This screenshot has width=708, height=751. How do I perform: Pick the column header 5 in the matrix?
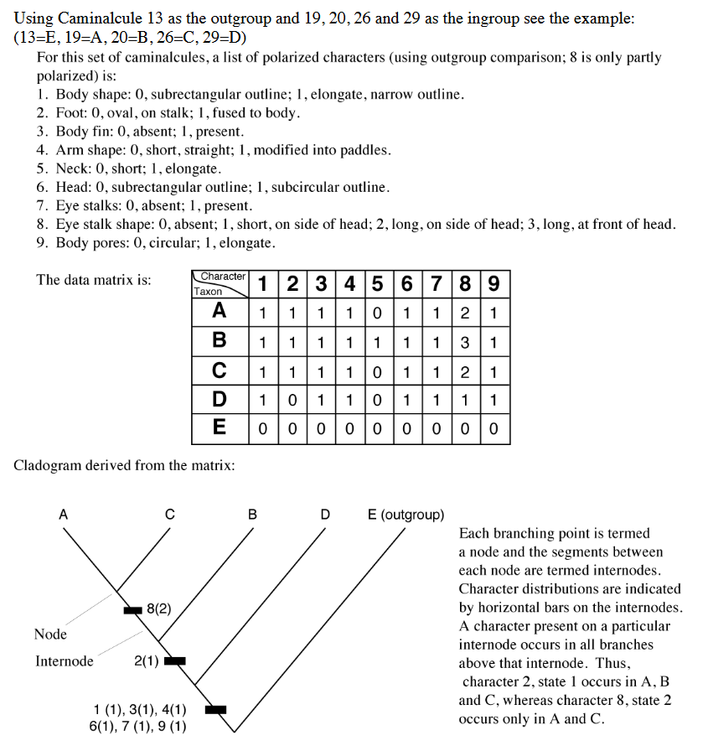(378, 284)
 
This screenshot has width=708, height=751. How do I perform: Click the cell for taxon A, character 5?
(378, 313)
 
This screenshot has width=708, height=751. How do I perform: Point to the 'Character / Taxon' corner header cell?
(220, 284)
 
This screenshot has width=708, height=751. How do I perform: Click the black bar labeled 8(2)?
(133, 609)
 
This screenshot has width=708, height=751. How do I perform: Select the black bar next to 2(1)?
(174, 660)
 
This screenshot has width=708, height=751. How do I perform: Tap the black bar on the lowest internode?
(216, 709)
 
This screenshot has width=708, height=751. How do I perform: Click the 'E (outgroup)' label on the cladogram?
(406, 515)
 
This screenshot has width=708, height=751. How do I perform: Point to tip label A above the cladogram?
(62, 515)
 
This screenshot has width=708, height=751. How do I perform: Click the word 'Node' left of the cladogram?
(50, 634)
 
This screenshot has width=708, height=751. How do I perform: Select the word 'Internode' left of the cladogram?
(64, 661)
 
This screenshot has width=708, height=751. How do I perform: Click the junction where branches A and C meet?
(116, 589)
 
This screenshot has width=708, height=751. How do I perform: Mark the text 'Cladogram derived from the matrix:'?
(124, 464)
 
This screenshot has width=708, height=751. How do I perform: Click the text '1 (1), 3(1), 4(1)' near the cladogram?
(140, 710)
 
